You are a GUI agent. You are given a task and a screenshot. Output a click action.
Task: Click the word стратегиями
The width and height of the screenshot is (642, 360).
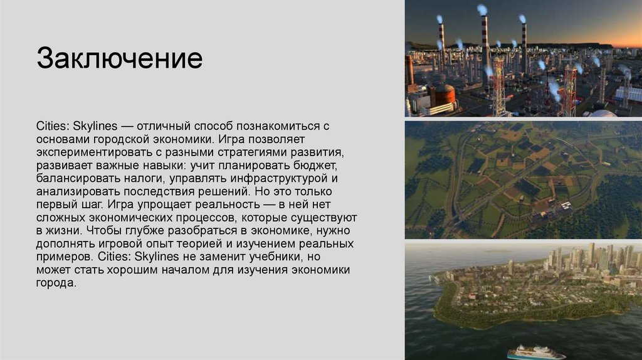251,152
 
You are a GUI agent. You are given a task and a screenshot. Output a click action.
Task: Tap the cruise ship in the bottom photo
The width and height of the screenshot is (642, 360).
537,352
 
